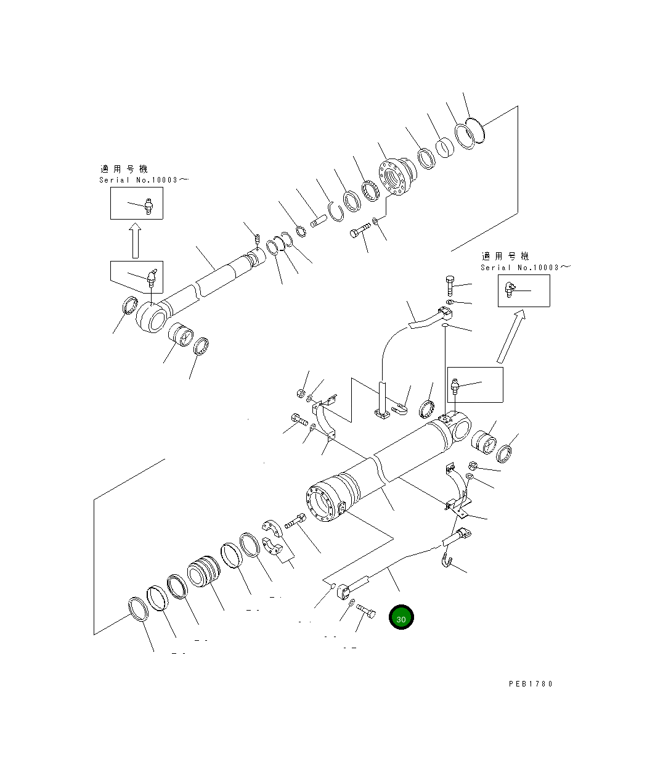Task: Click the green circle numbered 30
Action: click(401, 617)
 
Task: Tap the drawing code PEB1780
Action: click(531, 683)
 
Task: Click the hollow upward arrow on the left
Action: click(135, 241)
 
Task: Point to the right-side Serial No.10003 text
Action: click(525, 268)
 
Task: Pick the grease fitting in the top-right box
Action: click(510, 289)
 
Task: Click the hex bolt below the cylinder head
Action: click(359, 233)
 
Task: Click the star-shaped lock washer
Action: click(301, 233)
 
